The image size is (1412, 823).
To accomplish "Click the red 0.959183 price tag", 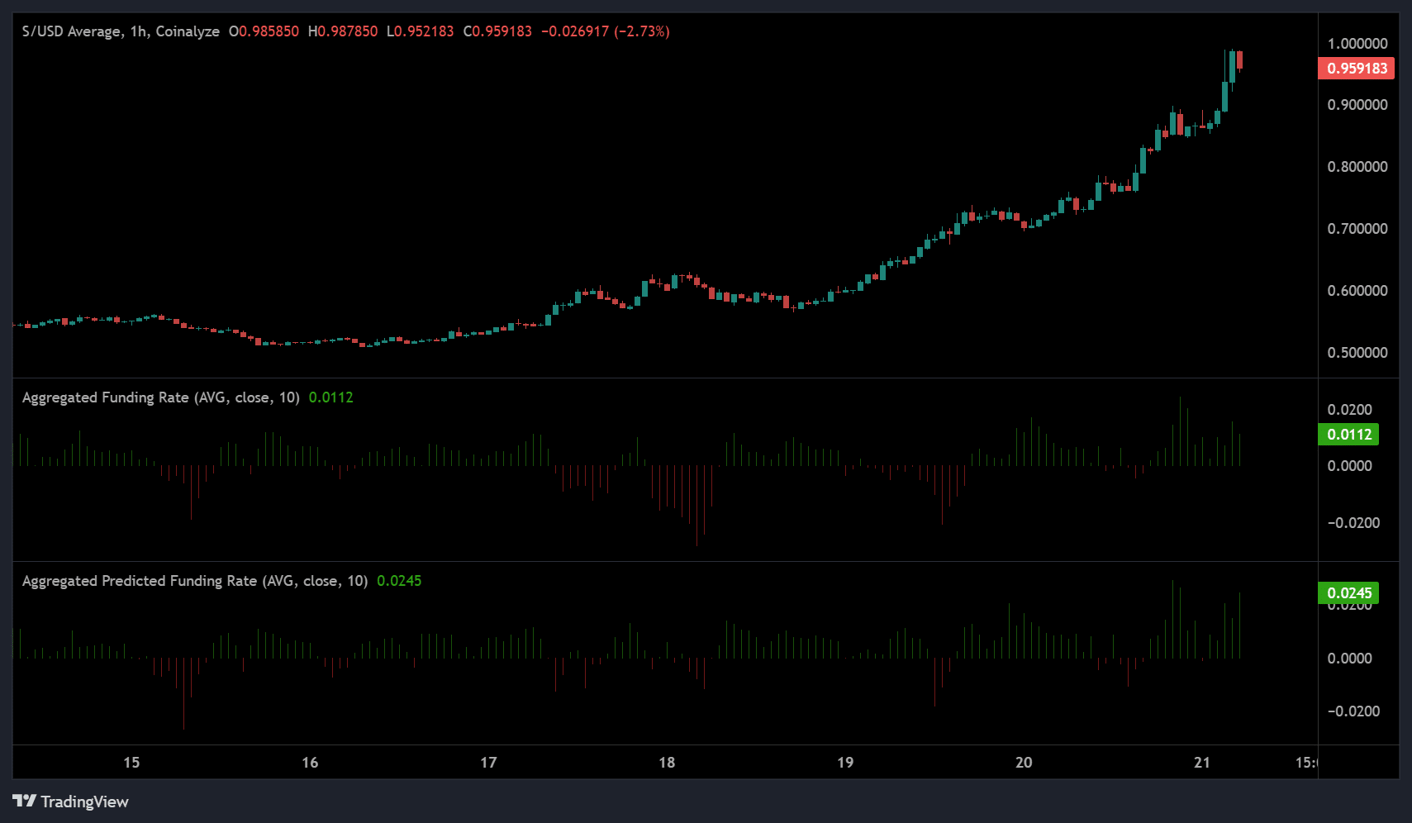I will click(x=1357, y=69).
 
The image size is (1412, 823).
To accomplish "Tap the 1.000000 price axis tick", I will click(x=1357, y=44).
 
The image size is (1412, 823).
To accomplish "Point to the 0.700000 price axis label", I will click(x=1357, y=229).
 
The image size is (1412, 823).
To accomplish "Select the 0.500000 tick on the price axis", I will click(x=1357, y=353).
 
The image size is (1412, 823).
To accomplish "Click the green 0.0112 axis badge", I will click(x=1348, y=435).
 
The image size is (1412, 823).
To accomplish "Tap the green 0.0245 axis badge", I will click(x=1348, y=593).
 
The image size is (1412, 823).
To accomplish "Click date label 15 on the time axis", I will click(x=131, y=763).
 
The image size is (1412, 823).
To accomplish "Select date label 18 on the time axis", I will click(x=667, y=763).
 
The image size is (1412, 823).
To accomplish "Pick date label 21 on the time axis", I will click(x=1202, y=763).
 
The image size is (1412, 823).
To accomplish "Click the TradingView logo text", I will click(x=84, y=802).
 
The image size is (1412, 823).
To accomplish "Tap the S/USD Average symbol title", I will click(x=72, y=31).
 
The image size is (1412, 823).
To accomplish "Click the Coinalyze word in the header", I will click(x=188, y=31).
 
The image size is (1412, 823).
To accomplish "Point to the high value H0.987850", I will click(x=343, y=31).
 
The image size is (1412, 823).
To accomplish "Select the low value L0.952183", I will click(x=420, y=31).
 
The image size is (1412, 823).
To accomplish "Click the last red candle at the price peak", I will click(x=1239, y=60).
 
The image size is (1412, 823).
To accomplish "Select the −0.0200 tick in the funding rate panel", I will click(x=1353, y=523).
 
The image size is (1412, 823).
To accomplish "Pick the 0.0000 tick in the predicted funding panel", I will click(x=1349, y=659).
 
